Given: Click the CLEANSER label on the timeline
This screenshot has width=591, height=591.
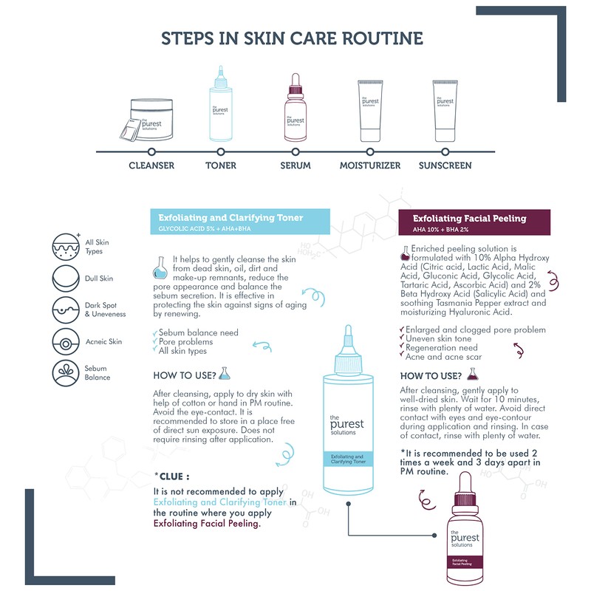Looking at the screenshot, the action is [x=151, y=165].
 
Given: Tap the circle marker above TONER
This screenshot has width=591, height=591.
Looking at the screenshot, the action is [x=221, y=152].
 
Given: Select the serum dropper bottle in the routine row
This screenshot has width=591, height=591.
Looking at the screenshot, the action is [x=295, y=107].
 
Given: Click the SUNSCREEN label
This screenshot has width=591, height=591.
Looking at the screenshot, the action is [x=445, y=165].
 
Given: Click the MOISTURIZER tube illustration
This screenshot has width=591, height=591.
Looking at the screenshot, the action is [x=370, y=111].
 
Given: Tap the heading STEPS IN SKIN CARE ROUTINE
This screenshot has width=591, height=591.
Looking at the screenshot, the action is [x=292, y=38].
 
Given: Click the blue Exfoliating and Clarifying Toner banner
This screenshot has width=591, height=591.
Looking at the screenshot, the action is [x=240, y=222].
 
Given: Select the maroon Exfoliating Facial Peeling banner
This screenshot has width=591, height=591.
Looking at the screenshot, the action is [x=474, y=222].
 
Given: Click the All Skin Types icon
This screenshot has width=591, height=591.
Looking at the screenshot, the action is [x=66, y=247].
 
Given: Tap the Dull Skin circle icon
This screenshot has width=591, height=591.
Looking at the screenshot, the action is [x=66, y=279].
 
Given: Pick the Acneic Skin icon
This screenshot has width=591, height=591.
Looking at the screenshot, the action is [x=66, y=342].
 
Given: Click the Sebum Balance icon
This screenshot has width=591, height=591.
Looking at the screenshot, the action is [x=66, y=373].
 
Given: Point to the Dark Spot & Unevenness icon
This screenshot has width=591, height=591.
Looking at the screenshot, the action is [x=66, y=310].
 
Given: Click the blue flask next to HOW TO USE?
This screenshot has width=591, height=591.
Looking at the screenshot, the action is [x=225, y=373].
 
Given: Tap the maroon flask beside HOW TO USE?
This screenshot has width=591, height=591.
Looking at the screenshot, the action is [x=473, y=374].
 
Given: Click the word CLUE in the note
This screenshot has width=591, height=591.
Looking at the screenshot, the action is [x=171, y=476].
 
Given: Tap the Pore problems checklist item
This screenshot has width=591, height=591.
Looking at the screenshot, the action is [x=185, y=342].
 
